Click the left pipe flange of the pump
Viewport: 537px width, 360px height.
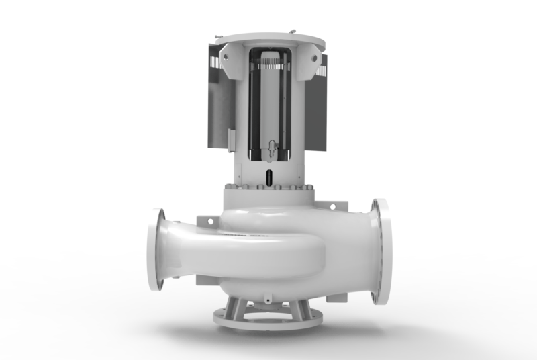156,249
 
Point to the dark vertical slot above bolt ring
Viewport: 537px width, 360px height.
268,177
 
